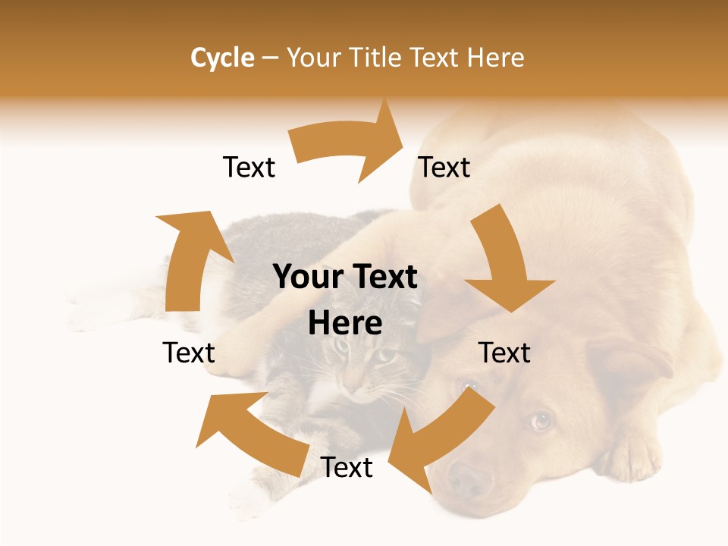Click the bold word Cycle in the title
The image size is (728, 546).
[222, 58]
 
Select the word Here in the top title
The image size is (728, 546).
[495, 58]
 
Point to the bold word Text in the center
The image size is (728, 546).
[381, 278]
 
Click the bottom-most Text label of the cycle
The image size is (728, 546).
[347, 468]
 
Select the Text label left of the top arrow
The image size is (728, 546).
[249, 168]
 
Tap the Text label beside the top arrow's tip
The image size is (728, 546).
[444, 168]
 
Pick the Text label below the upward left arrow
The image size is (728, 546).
[189, 353]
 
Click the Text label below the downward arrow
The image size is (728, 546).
[504, 353]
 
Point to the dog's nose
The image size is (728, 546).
[468, 479]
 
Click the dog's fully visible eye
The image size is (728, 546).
[540, 420]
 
